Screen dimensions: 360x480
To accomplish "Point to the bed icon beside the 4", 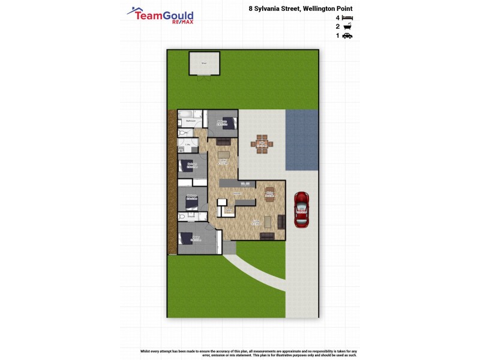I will (x=348, y=19).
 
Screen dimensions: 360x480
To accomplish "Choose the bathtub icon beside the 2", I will (x=347, y=27).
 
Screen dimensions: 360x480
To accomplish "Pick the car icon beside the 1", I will (x=347, y=36).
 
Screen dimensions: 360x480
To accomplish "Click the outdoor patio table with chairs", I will (x=263, y=144).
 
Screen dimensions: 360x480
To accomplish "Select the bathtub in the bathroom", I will (x=192, y=114).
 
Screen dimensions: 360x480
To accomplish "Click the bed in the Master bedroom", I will (x=187, y=238).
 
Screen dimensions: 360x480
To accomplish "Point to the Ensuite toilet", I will (x=181, y=217).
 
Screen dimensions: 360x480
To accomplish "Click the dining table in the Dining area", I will (x=269, y=193).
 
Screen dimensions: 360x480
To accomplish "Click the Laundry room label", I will (x=188, y=145).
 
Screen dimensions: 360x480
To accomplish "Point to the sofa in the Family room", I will (x=267, y=236).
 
